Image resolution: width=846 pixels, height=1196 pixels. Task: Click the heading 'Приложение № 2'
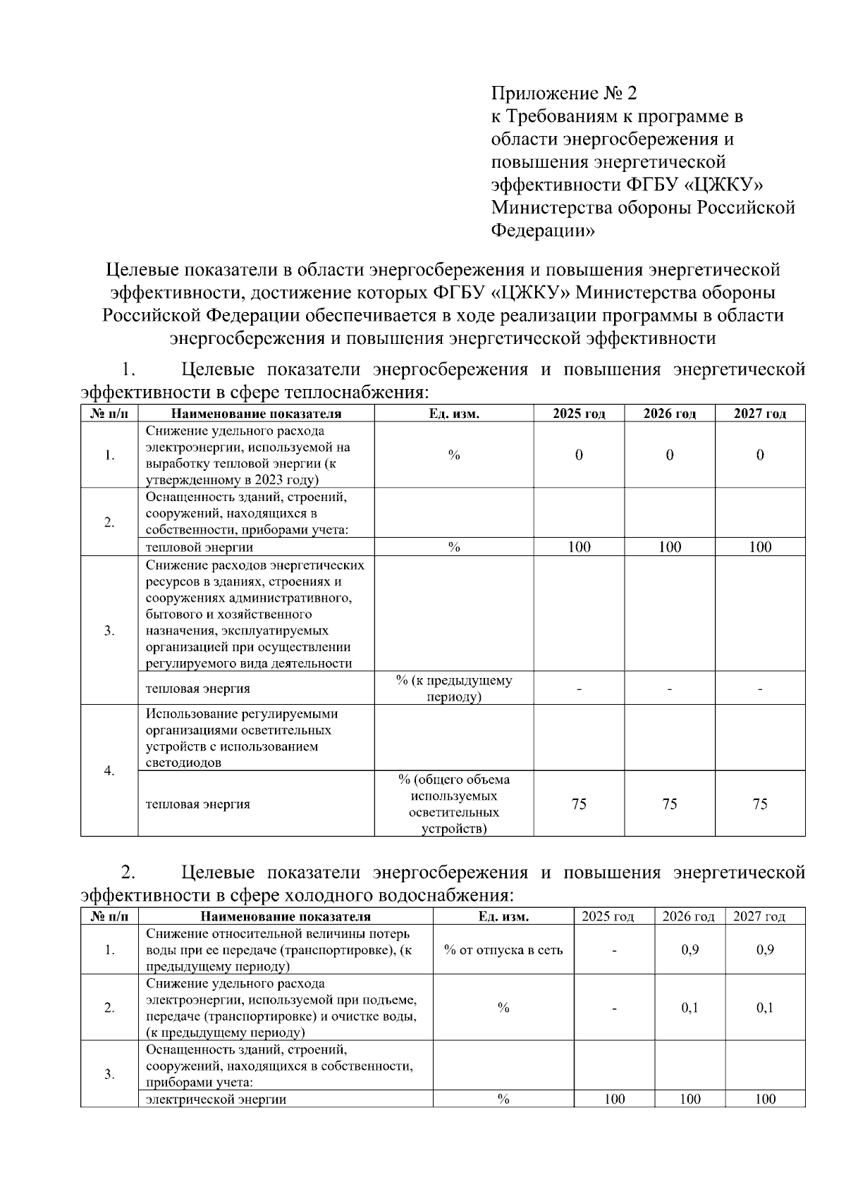pos(563,93)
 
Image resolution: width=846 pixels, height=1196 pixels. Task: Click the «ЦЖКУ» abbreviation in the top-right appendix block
pos(724,185)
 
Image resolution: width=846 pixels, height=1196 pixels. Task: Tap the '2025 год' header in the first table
pos(579,414)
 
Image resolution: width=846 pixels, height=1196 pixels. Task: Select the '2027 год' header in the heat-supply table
pos(759,414)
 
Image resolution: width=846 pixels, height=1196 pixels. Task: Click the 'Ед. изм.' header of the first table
pos(453,414)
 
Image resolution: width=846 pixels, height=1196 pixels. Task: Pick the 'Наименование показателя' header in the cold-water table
pos(285,916)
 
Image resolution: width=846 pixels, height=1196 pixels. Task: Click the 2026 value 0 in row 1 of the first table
pos(669,455)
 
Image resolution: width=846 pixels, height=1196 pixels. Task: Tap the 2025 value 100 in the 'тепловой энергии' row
pos(579,547)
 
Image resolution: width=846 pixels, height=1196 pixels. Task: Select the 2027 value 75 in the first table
pos(759,804)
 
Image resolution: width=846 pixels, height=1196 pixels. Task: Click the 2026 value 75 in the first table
pos(669,804)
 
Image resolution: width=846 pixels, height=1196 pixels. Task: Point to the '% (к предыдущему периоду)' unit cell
pos(453,689)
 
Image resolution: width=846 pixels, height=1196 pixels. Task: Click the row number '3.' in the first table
pos(109,631)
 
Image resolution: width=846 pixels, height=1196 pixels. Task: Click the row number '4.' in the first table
pos(109,770)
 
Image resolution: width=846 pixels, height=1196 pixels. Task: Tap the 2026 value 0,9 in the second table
pos(689,950)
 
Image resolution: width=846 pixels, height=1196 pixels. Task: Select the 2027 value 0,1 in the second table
pos(765,1008)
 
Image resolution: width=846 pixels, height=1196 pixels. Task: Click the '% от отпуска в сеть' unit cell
pos(503,950)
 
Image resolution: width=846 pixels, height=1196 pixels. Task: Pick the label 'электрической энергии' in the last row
pos(216,1099)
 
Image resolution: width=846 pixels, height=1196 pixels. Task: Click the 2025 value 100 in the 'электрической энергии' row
pos(614,1099)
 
